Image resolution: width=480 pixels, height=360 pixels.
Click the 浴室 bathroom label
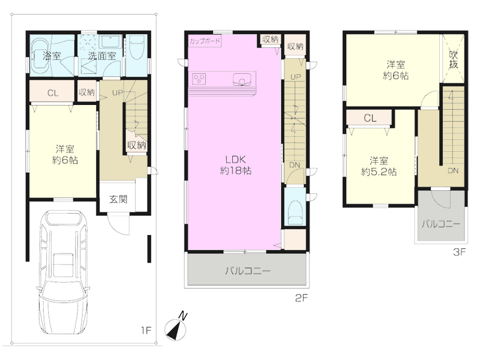pyautogui.click(x=52, y=56)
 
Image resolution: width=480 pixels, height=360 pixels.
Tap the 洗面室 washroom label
pyautogui.click(x=102, y=56)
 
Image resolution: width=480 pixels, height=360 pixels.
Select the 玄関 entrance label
pyautogui.click(x=118, y=199)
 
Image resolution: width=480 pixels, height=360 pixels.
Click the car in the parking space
pyautogui.click(x=64, y=272)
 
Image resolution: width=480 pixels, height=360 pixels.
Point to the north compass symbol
pyautogui.click(x=176, y=328)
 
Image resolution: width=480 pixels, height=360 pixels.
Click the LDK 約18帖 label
pyautogui.click(x=236, y=165)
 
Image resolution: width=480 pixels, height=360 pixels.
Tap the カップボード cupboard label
pyautogui.click(x=205, y=41)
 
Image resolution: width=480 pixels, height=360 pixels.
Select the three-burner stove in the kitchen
pyautogui.click(x=199, y=79)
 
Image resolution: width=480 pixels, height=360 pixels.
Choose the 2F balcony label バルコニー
pyautogui.click(x=248, y=271)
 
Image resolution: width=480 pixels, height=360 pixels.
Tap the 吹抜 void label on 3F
pyautogui.click(x=454, y=59)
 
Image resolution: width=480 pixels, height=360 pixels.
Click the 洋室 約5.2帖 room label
pyautogui.click(x=379, y=166)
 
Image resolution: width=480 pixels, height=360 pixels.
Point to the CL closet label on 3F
pyautogui.click(x=370, y=118)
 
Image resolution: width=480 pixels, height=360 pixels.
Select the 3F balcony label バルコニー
pyautogui.click(x=441, y=224)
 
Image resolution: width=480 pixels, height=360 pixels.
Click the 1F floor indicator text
pyautogui.click(x=146, y=331)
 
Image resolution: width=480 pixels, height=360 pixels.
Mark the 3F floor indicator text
pyautogui.click(x=460, y=252)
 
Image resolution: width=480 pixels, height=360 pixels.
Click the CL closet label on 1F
pyautogui.click(x=53, y=93)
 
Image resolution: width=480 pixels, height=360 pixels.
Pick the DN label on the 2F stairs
pyautogui.click(x=295, y=165)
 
